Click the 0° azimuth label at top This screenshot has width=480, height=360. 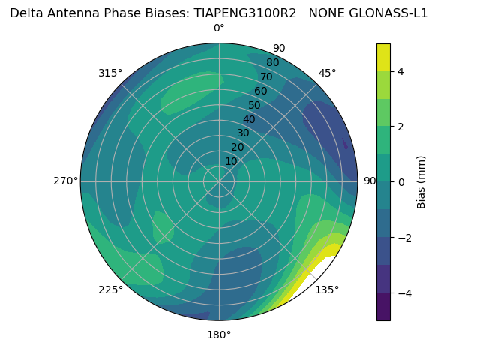[219, 28]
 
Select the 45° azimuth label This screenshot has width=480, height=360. [328, 73]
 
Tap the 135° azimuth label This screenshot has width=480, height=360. [327, 289]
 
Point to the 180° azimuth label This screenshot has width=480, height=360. [219, 334]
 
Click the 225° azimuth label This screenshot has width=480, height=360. [110, 289]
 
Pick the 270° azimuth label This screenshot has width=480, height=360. [65, 181]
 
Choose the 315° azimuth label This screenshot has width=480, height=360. [110, 73]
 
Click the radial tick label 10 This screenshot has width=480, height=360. [231, 161]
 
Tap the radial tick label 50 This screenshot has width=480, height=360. [254, 106]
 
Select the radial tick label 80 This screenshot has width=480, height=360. [272, 62]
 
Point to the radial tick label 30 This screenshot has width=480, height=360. [243, 133]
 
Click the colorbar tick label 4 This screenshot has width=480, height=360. [401, 71]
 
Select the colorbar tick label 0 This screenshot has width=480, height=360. [401, 181]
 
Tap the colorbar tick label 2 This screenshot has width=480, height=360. [401, 127]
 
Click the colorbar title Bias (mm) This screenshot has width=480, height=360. [421, 182]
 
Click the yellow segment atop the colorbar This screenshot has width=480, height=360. [383, 57]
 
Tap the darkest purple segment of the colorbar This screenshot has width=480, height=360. [383, 306]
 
